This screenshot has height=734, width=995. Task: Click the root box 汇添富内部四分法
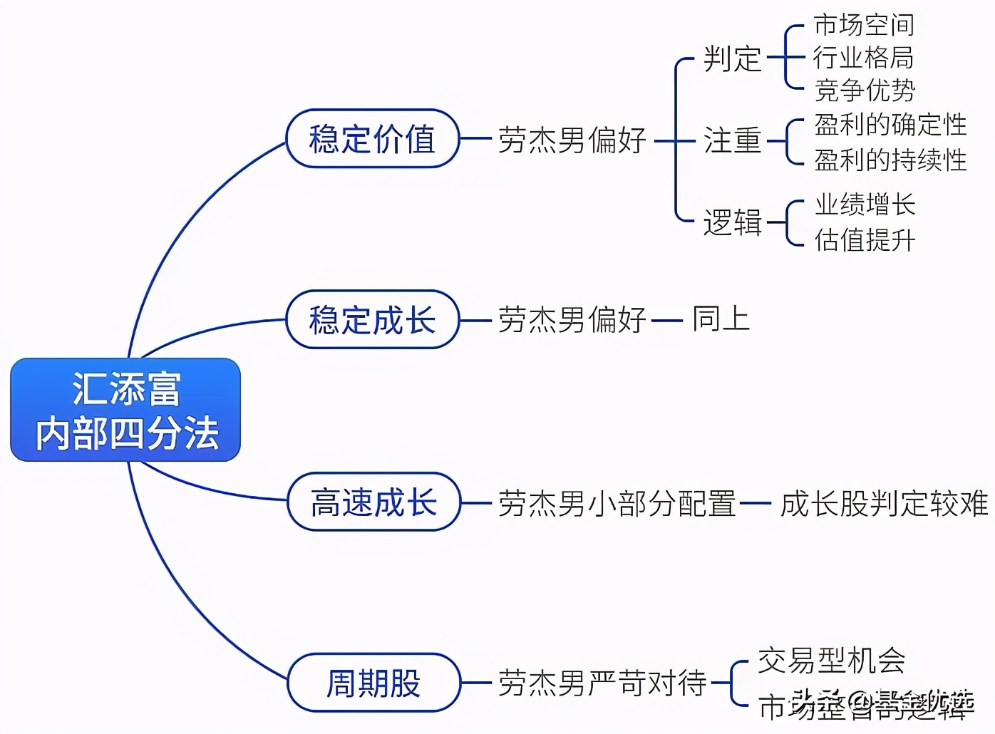tap(125, 410)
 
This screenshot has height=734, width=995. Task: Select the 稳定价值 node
tap(372, 139)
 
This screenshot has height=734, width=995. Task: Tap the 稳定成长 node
tap(372, 319)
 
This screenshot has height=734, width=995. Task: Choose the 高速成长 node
tap(373, 502)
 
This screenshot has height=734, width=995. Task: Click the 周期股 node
tap(373, 683)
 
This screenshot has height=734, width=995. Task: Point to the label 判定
tap(732, 58)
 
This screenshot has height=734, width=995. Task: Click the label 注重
tap(732, 140)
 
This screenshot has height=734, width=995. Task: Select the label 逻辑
tap(732, 222)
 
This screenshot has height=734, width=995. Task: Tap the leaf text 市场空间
tap(863, 25)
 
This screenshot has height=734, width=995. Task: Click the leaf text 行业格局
tap(863, 58)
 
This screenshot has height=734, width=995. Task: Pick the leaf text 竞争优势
tap(865, 91)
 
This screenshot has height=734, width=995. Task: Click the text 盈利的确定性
tap(890, 125)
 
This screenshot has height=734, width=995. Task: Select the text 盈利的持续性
tap(890, 160)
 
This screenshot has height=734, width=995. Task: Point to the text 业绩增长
tap(865, 205)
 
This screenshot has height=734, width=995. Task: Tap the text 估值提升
tap(865, 239)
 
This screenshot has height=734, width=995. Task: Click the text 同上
tap(721, 319)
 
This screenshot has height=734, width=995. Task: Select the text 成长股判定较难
tap(884, 503)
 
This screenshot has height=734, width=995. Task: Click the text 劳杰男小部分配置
tap(617, 503)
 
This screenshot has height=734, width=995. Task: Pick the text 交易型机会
tap(831, 661)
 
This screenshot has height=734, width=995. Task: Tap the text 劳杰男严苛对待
tap(602, 683)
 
